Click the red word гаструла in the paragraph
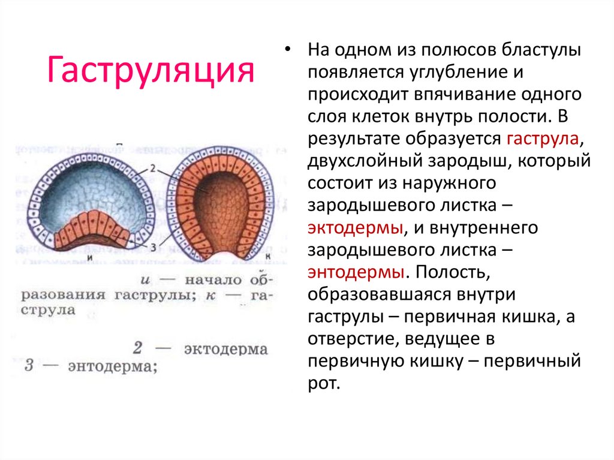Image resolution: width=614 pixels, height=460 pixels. click(x=543, y=139)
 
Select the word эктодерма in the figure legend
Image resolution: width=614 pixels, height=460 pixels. click(x=226, y=348)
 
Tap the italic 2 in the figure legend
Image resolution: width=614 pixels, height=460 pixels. click(x=137, y=348)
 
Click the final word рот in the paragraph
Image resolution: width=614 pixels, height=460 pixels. click(x=324, y=384)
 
